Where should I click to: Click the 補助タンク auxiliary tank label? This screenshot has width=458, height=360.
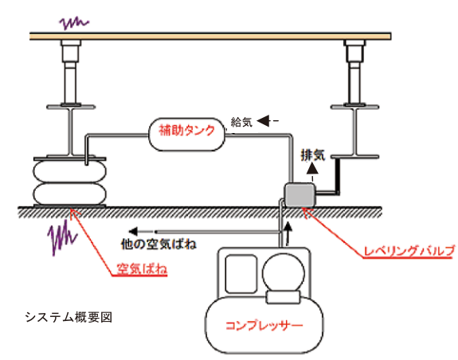(186, 130)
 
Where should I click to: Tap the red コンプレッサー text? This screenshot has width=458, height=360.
(264, 325)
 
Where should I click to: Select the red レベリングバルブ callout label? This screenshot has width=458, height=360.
(409, 251)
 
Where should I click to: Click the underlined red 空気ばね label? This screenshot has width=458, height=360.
(142, 268)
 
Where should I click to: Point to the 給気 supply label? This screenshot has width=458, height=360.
(241, 122)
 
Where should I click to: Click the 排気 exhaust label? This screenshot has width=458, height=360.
(313, 155)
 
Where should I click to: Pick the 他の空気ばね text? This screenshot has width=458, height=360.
(159, 244)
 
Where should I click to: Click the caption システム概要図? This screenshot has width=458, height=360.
(69, 317)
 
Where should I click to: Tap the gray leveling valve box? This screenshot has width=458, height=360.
(300, 195)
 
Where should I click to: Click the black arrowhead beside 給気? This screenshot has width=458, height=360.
(264, 120)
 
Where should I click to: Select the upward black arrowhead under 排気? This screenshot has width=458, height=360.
(312, 168)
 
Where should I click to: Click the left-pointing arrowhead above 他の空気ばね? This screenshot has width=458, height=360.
(133, 232)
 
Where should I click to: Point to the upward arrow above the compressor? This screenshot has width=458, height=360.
(288, 233)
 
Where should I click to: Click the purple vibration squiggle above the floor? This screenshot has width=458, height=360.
(74, 23)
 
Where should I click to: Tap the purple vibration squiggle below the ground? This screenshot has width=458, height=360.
(62, 237)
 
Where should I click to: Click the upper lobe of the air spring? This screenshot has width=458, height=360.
(70, 172)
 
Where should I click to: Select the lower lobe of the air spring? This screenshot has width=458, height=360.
(70, 194)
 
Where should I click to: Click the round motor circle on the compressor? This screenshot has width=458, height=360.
(284, 273)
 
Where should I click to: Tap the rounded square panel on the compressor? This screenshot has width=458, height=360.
(241, 273)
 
